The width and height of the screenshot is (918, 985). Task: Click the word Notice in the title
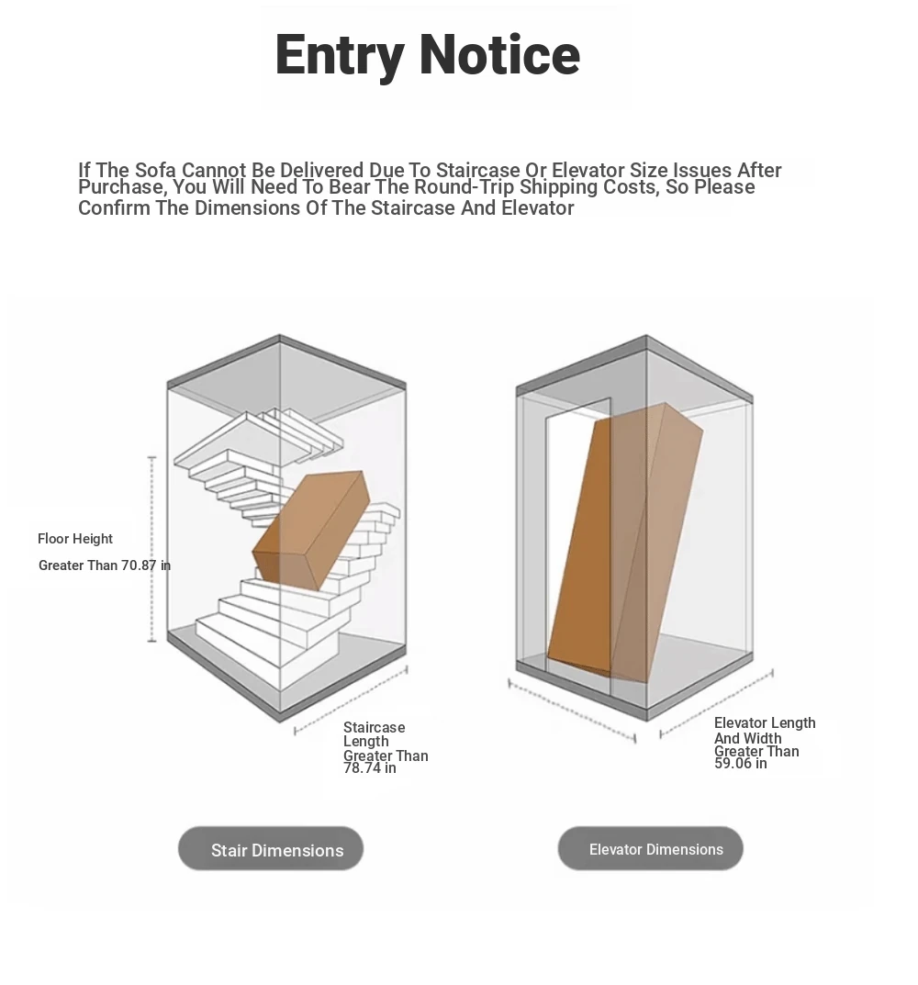click(499, 54)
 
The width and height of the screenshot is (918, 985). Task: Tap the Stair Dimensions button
click(271, 849)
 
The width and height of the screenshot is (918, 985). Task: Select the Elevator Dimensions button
click(650, 849)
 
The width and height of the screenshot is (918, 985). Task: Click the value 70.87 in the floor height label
click(139, 565)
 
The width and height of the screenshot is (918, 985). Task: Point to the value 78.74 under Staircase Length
click(362, 768)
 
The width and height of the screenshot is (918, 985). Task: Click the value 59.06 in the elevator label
click(733, 763)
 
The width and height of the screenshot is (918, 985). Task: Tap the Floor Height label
click(74, 539)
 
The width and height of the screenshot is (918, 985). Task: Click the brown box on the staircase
click(310, 532)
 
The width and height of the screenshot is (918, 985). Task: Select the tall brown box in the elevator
click(625, 543)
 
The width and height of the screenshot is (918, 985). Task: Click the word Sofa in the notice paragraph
click(155, 170)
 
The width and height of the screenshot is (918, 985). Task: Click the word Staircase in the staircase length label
click(374, 727)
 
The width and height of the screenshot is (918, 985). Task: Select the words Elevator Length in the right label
click(765, 723)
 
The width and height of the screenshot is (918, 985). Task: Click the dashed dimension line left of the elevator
click(572, 711)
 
